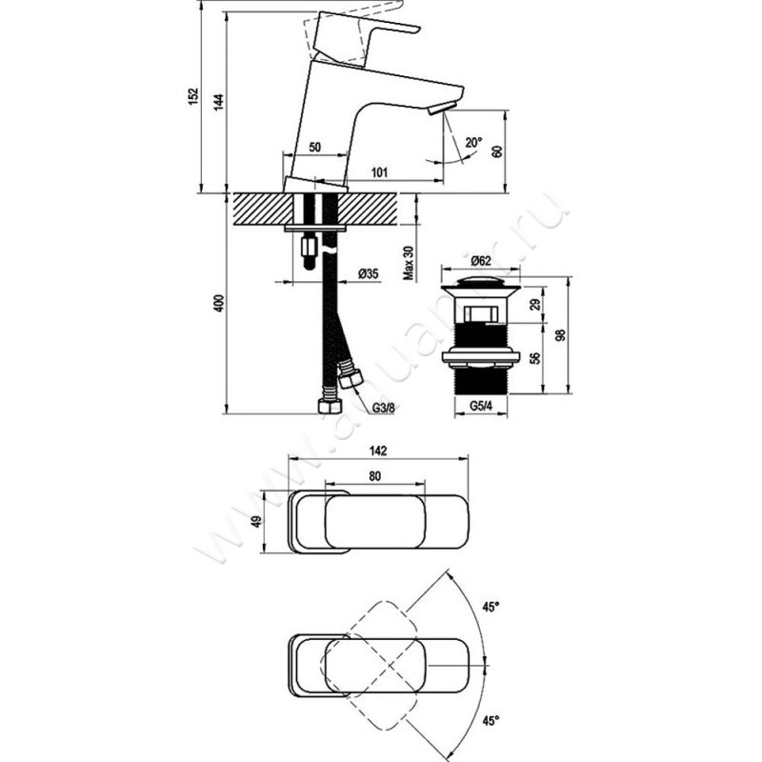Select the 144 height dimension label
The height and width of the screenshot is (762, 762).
(x=218, y=104)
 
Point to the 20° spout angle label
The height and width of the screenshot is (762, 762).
(x=473, y=143)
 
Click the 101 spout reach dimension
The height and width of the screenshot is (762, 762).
(x=378, y=173)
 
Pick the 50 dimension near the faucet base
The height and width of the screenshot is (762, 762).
(x=314, y=148)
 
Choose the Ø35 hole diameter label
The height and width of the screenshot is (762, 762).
(x=369, y=273)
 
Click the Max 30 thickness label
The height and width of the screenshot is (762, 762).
(x=407, y=260)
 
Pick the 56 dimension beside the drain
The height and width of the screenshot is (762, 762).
(x=534, y=357)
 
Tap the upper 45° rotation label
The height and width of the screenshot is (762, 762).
(x=491, y=604)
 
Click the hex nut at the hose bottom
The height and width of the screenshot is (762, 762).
(x=324, y=405)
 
